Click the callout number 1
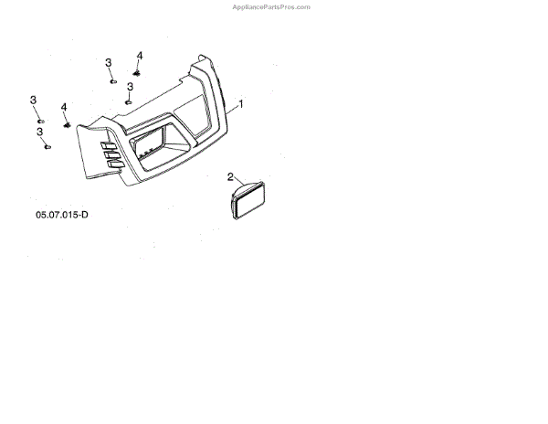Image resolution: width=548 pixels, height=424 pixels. coord(240,104)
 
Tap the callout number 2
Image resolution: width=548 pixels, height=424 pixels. coord(230,176)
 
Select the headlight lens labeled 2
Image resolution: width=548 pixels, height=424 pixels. coord(248,199)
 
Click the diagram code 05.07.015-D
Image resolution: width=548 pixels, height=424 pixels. coord(62,215)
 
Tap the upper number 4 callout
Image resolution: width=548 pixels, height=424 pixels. coord(140,56)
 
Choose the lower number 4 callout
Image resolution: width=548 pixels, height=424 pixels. coord(65,107)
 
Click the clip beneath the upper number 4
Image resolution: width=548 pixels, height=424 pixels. coord(137,70)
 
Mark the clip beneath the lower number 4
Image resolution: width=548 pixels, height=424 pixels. coord(66,123)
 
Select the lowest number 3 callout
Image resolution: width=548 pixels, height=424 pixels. coord(40,132)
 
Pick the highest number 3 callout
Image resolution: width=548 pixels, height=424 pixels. coord(108,62)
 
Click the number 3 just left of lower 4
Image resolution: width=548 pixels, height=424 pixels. coord(33,100)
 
